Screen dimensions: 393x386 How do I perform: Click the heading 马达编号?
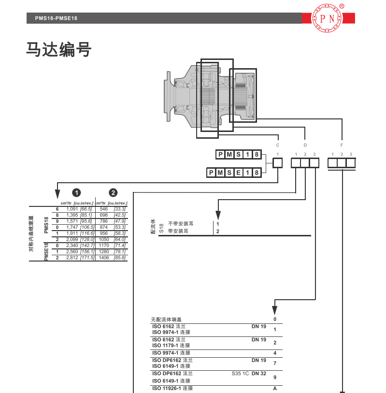58,49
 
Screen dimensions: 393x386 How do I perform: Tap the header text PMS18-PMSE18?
57,18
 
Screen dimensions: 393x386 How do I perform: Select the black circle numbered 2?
112,192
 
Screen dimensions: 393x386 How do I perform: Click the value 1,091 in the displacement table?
72,208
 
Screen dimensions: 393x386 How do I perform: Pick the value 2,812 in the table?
72,258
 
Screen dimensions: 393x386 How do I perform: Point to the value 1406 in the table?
103,258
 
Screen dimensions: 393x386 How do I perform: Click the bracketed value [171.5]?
86,258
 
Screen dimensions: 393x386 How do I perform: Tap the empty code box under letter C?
278,163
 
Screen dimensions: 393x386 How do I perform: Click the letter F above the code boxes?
342,145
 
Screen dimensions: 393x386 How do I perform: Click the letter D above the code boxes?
305,145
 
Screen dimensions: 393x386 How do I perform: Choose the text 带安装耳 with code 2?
178,231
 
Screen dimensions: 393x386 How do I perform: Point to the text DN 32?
259,374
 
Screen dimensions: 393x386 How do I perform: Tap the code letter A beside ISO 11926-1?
275,389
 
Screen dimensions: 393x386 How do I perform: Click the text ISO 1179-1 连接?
171,346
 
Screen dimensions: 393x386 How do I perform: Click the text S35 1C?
240,374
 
